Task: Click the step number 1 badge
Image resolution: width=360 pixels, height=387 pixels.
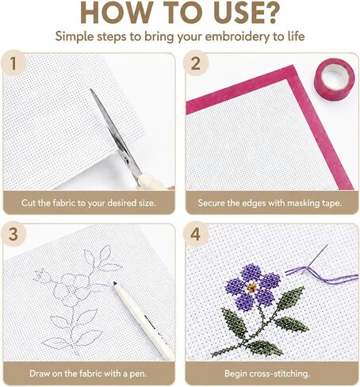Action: (13, 63)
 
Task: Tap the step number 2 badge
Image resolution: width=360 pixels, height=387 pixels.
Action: (196, 63)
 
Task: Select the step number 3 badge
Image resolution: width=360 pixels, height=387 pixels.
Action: (13, 234)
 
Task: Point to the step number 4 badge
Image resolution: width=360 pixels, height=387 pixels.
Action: (196, 234)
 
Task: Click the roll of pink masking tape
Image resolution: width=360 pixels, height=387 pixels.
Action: (334, 79)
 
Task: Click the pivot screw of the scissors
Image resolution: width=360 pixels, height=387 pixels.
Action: (127, 159)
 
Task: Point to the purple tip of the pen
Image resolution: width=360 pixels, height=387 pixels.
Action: (115, 284)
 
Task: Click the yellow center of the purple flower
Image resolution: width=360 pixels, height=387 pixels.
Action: (252, 287)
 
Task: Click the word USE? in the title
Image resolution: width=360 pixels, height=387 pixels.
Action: (246, 13)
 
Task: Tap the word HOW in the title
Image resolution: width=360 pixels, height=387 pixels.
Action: (116, 13)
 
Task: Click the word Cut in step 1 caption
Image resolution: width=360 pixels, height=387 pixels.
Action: (29, 203)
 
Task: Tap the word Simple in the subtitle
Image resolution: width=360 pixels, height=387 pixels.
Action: (75, 36)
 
